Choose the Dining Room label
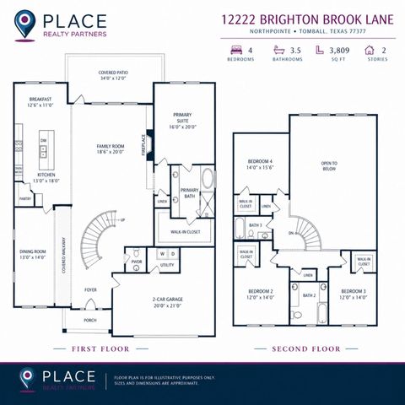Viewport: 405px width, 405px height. [33, 253]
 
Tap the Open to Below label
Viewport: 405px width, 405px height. [329, 165]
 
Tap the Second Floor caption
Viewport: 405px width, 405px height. [305, 348]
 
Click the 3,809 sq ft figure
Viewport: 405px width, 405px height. [339, 51]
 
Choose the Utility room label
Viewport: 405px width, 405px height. [166, 265]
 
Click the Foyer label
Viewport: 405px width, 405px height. [90, 289]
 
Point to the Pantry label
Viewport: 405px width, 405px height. [25, 198]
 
